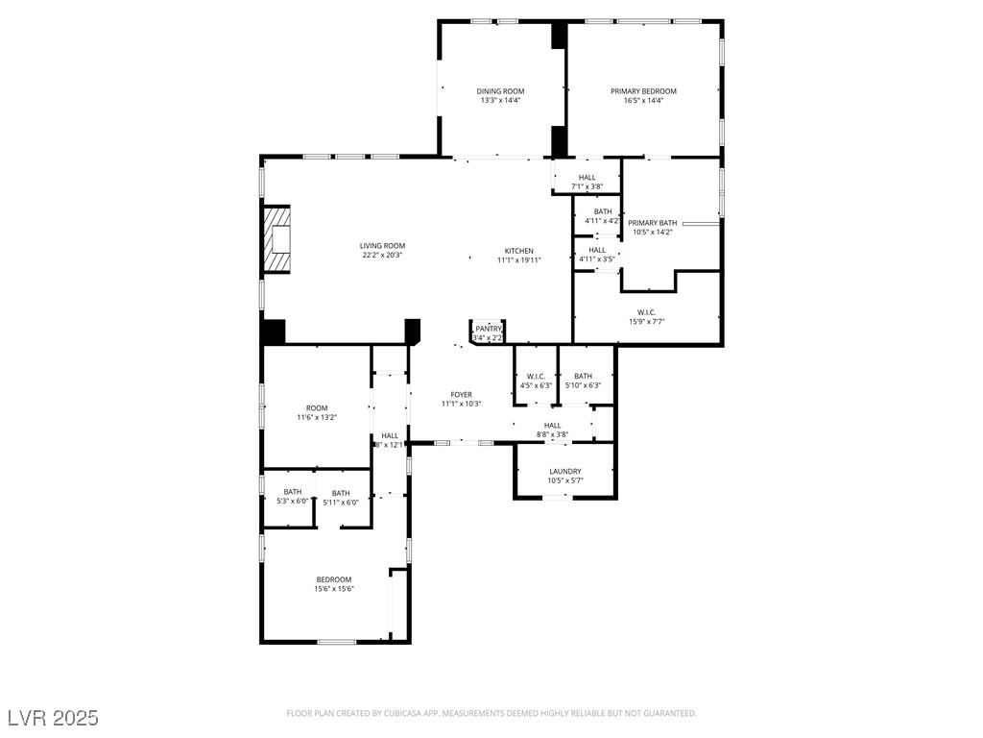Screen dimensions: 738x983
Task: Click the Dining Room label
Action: click(500, 91)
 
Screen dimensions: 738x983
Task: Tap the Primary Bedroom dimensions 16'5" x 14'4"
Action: click(643, 101)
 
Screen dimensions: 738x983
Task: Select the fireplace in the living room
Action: click(277, 239)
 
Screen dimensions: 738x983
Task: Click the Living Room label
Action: click(382, 246)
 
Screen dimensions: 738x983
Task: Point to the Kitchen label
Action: click(518, 252)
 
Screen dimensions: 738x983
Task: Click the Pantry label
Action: click(488, 329)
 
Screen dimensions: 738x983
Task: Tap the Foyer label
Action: click(461, 395)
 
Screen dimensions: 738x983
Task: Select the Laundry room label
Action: click(564, 472)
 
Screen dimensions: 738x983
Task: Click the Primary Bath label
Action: click(652, 223)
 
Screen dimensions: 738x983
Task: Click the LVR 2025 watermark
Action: click(53, 718)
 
